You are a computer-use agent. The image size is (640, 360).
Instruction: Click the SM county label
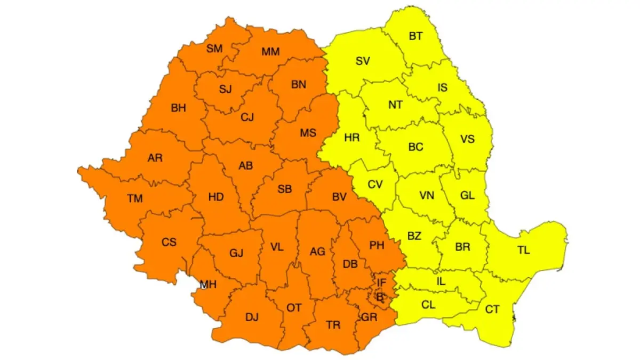tap(214, 49)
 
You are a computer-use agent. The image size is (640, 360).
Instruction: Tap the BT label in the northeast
tap(415, 36)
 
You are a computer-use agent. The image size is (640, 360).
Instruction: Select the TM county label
tap(135, 198)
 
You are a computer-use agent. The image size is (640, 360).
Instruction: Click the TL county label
tap(524, 250)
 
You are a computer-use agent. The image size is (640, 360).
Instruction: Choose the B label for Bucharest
tap(380, 298)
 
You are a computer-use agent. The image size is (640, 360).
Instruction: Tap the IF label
tap(381, 282)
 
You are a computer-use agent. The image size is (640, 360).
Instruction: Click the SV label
tap(363, 61)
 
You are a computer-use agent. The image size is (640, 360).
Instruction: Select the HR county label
tap(352, 138)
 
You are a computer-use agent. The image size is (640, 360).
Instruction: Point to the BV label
tap(339, 197)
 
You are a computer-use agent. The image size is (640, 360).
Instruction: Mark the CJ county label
tap(246, 118)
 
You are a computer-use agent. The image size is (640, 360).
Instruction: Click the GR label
tap(369, 317)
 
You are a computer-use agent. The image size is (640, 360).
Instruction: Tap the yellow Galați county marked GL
tap(467, 195)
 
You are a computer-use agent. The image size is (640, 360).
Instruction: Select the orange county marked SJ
tap(225, 89)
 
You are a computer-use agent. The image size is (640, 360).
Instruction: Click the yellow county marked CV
tap(375, 185)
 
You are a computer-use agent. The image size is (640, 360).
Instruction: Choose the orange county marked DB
tap(350, 263)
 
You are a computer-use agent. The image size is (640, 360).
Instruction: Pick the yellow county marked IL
tap(441, 281)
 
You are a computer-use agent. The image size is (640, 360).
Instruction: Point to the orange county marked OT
tap(294, 308)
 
